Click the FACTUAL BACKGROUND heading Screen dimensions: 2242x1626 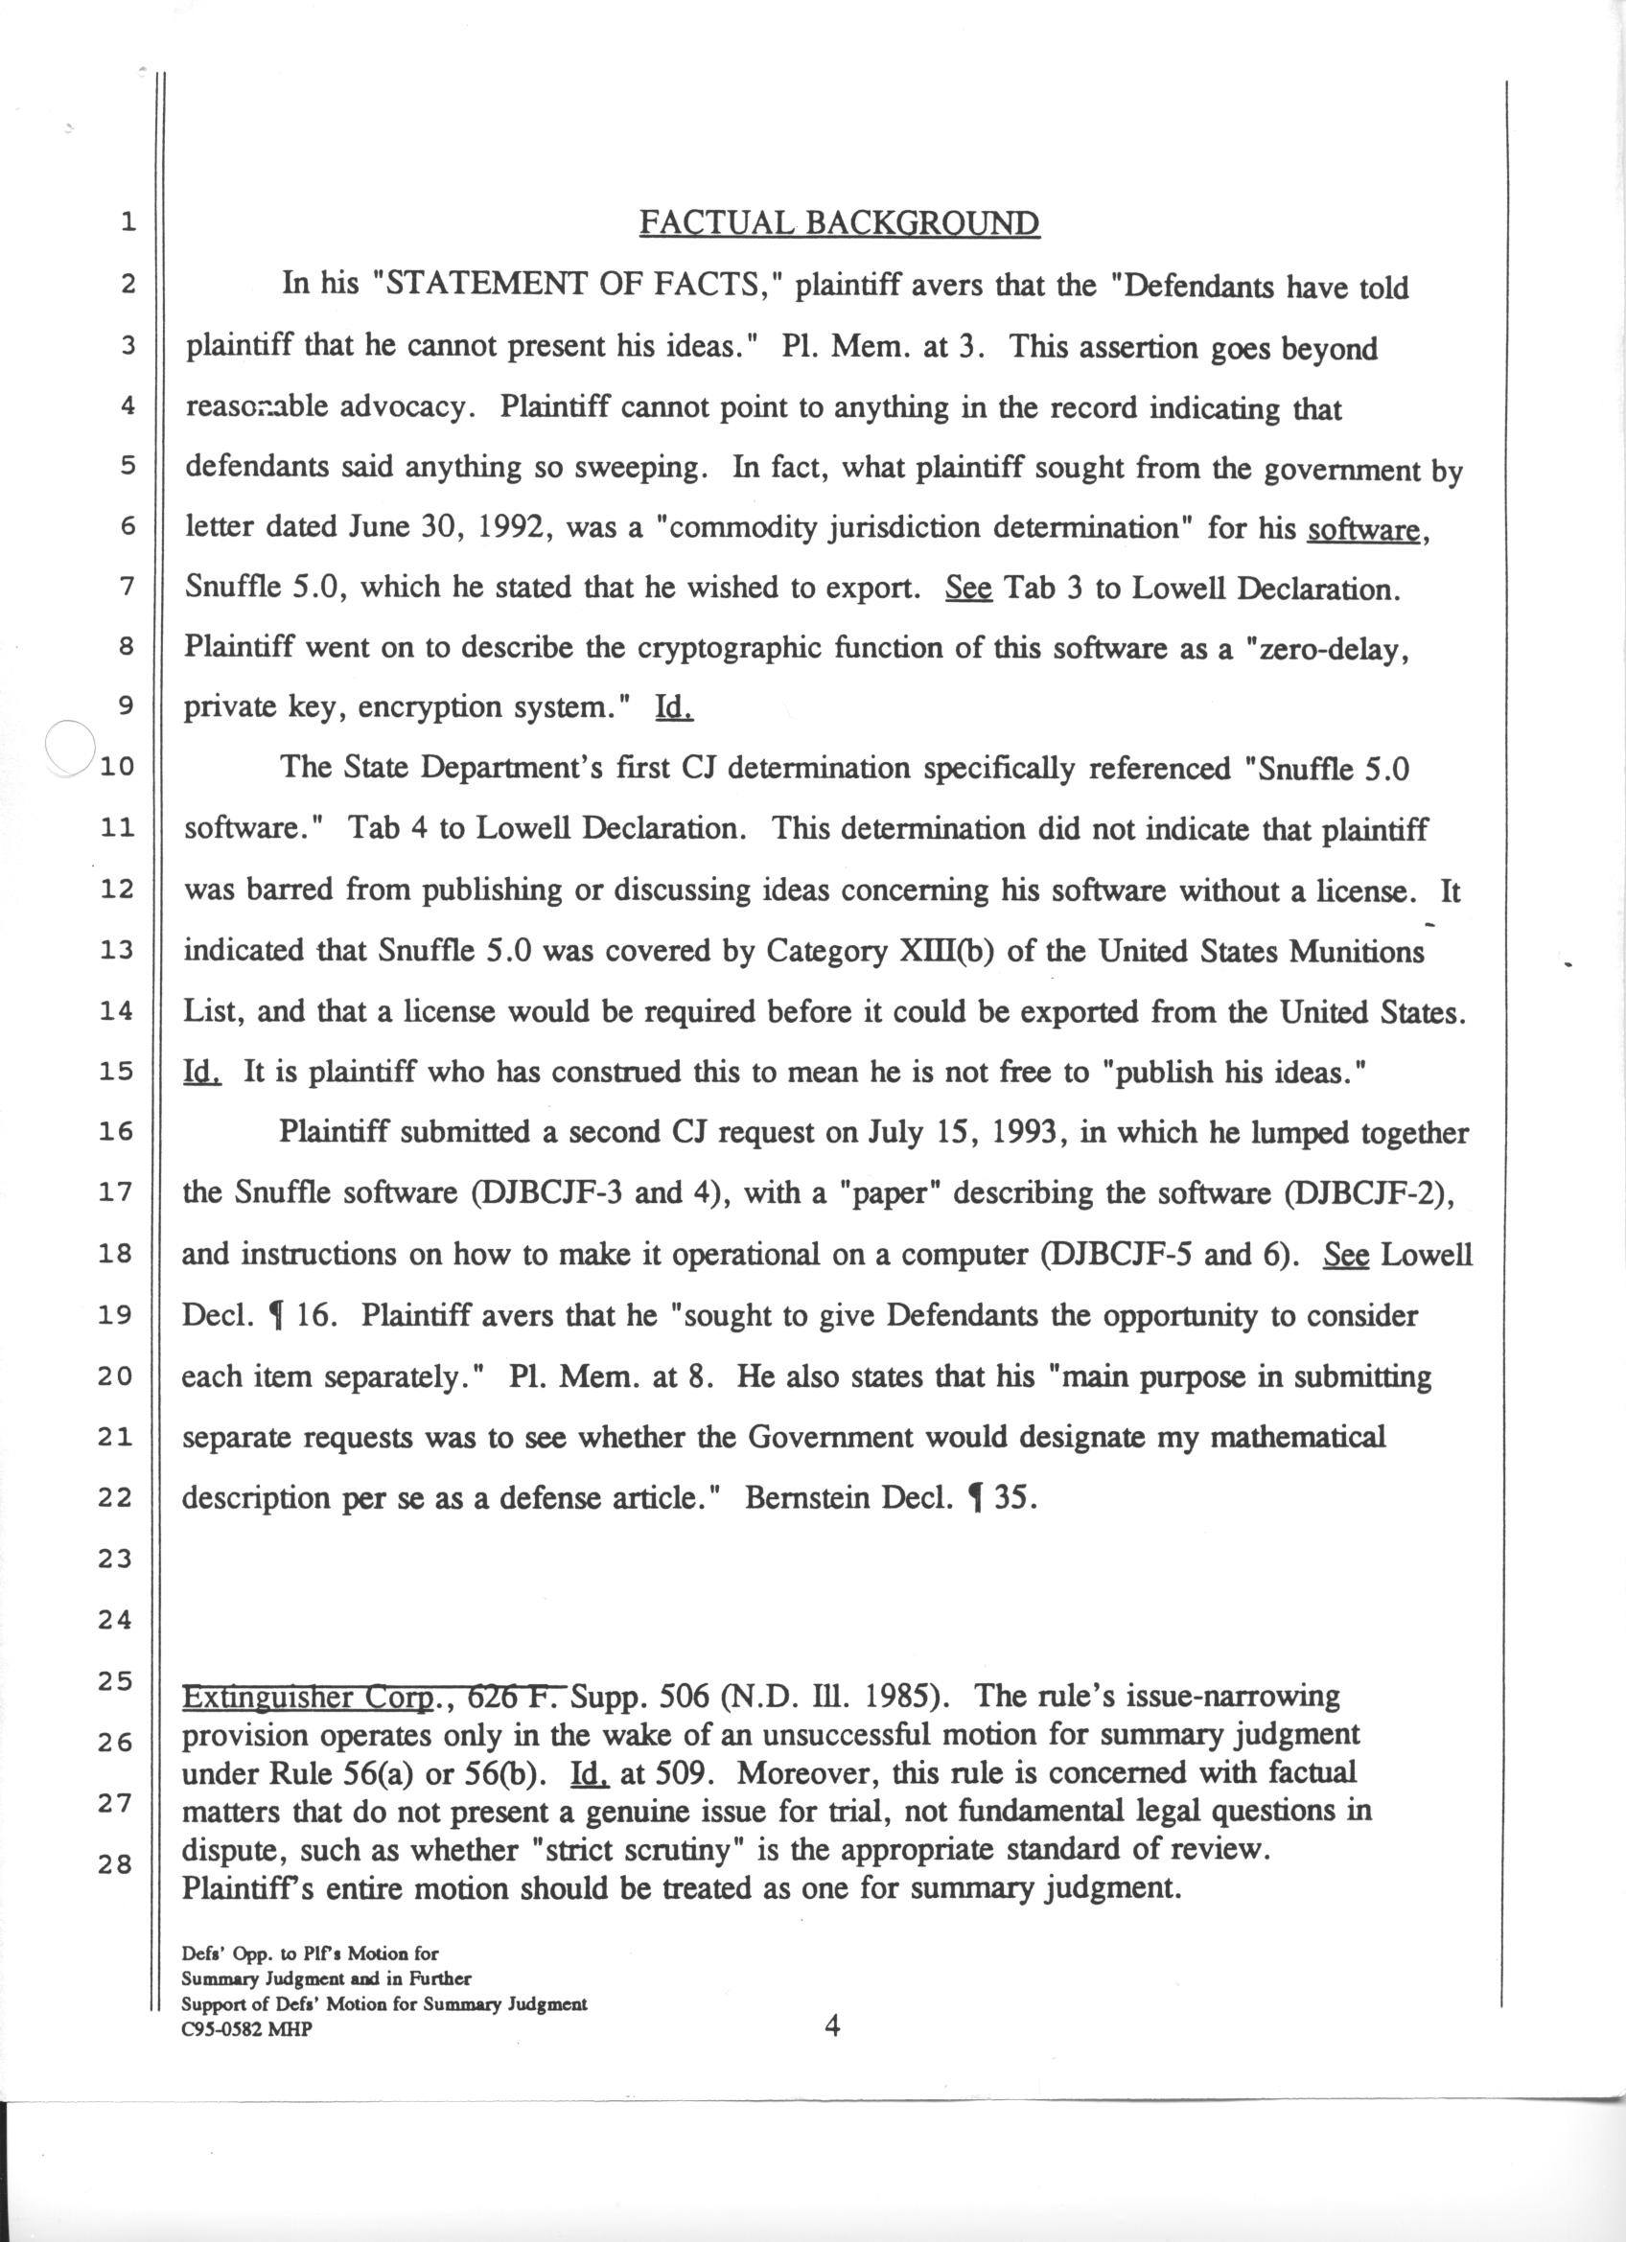point(838,222)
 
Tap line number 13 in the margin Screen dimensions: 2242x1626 point(118,950)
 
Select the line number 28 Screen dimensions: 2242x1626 point(116,1864)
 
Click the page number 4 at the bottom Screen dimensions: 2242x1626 point(832,2027)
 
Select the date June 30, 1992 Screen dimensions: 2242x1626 point(443,527)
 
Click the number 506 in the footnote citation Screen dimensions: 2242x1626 point(680,1698)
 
